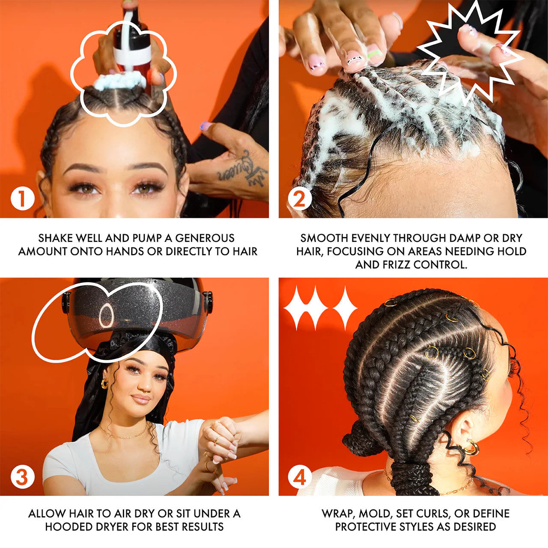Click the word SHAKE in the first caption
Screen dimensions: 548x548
pyautogui.click(x=54, y=238)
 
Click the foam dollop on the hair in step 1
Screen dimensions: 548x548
pyautogui.click(x=119, y=80)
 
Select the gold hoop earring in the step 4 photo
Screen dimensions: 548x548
pyautogui.click(x=471, y=449)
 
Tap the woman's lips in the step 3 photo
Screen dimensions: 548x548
pyautogui.click(x=141, y=399)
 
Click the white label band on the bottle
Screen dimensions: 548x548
pyautogui.click(x=132, y=54)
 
